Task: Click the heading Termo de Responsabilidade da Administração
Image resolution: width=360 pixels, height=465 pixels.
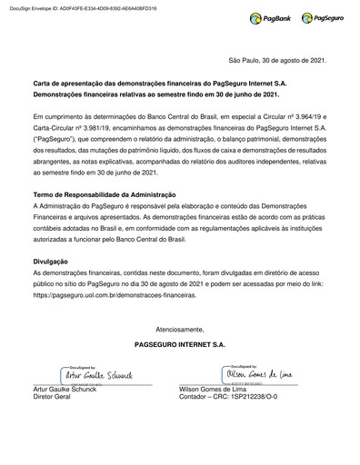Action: tap(104, 196)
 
